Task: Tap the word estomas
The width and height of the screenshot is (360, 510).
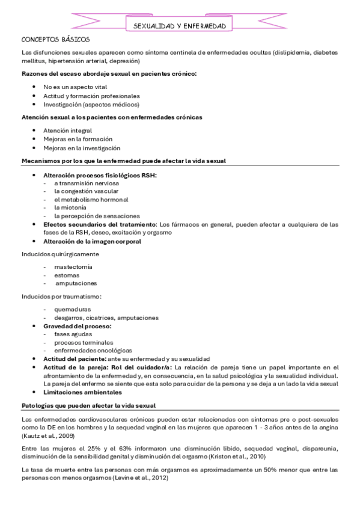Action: point(66,274)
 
